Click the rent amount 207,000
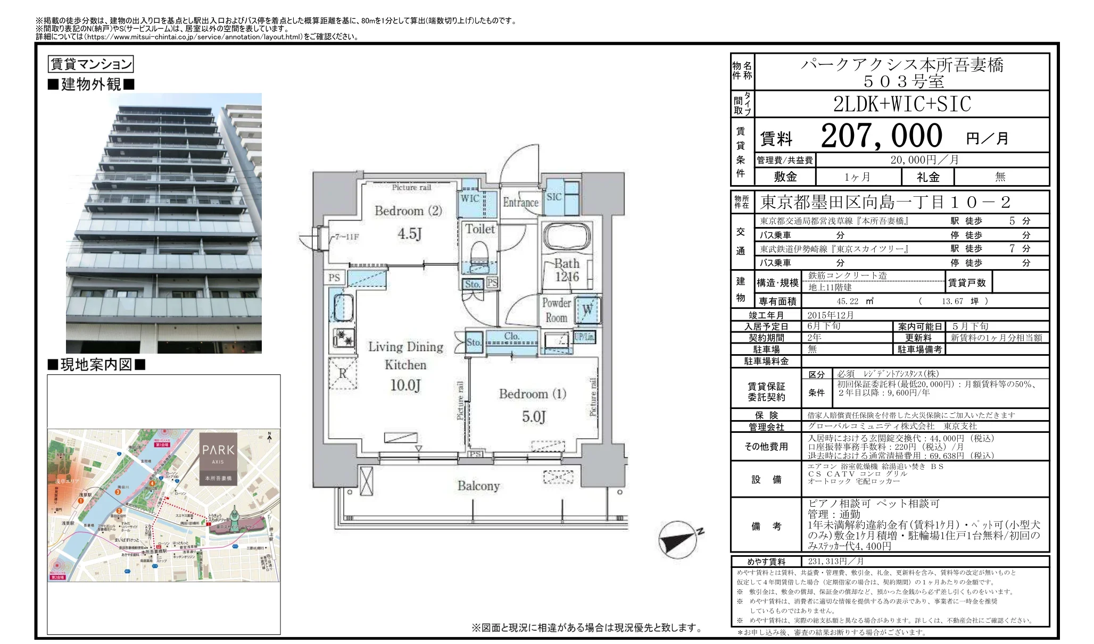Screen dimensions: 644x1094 coord(881,136)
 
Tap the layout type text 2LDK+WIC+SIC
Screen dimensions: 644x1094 coord(902,104)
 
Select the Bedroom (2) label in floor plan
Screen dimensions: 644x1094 coord(408,211)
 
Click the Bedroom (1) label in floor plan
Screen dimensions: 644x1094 coord(532,394)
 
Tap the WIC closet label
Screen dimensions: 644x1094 coord(470,198)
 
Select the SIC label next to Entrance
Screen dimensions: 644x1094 coord(554,197)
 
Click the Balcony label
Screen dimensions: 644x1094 coord(478,486)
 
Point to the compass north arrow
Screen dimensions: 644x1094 coord(678,539)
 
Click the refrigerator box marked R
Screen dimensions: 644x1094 coord(342,373)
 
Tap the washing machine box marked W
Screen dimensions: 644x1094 coord(587,310)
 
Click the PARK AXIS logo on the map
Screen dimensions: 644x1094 coord(218,457)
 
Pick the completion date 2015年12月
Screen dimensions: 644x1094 coord(830,315)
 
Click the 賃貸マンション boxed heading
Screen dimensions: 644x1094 coord(90,64)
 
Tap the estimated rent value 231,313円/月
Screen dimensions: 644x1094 coord(835,562)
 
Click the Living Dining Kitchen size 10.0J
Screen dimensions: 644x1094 coord(405,385)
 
